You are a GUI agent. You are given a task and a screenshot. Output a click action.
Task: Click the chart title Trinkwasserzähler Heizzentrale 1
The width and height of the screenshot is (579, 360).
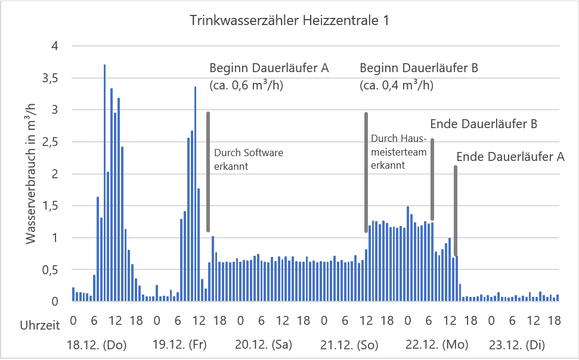click(289, 21)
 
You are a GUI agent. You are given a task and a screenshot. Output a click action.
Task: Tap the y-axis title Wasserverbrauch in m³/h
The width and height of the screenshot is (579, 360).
click(31, 173)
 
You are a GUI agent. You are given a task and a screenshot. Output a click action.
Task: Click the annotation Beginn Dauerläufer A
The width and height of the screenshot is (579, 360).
click(269, 68)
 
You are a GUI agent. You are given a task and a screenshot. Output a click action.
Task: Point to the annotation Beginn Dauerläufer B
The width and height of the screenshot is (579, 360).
click(419, 68)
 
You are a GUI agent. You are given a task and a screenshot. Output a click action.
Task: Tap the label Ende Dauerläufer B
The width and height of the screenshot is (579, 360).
click(484, 125)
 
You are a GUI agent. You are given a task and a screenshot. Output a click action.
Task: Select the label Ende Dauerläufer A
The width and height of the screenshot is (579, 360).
click(510, 157)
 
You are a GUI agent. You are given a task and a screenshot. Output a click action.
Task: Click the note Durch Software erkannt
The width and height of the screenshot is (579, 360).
click(248, 160)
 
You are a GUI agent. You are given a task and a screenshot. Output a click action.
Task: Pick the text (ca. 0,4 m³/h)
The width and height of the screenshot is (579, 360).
click(397, 85)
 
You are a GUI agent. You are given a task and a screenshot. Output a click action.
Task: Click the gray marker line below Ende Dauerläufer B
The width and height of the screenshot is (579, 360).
click(432, 179)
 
